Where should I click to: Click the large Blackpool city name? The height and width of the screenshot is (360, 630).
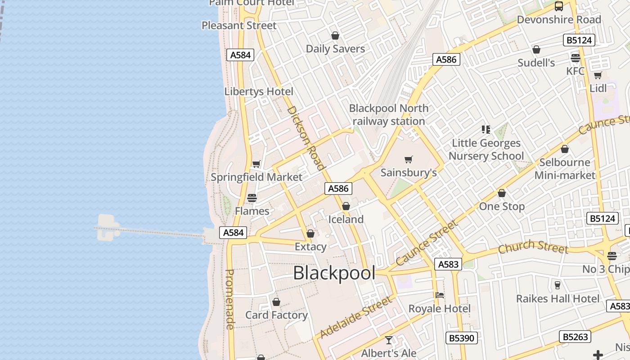(x=334, y=273)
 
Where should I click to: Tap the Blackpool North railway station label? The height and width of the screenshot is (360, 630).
(x=389, y=115)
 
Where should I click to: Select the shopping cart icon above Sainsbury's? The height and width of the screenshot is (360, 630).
(x=409, y=159)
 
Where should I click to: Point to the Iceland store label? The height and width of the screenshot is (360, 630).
(x=346, y=219)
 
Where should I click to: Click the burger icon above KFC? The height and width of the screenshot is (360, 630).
(x=575, y=58)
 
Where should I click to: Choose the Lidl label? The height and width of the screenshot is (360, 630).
(x=598, y=88)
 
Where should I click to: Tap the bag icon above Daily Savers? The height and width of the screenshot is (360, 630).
(x=335, y=35)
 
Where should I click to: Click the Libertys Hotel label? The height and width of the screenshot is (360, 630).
(x=259, y=91)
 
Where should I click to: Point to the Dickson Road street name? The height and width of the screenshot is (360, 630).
(x=306, y=138)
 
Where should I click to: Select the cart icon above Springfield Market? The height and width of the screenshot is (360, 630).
(x=256, y=164)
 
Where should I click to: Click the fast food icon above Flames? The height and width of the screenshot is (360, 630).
(x=252, y=198)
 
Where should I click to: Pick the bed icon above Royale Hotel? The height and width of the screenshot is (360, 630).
(x=440, y=295)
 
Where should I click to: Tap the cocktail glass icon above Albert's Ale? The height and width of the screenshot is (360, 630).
(x=389, y=340)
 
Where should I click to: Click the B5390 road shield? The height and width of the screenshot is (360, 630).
(x=461, y=337)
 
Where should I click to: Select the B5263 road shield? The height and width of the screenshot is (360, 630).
(x=575, y=336)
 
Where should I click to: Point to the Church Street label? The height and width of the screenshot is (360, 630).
(x=533, y=247)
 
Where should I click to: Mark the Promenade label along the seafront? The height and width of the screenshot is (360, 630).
(x=229, y=299)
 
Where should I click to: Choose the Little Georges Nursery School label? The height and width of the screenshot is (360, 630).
(x=486, y=149)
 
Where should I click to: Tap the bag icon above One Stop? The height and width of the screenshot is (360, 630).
(x=502, y=193)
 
